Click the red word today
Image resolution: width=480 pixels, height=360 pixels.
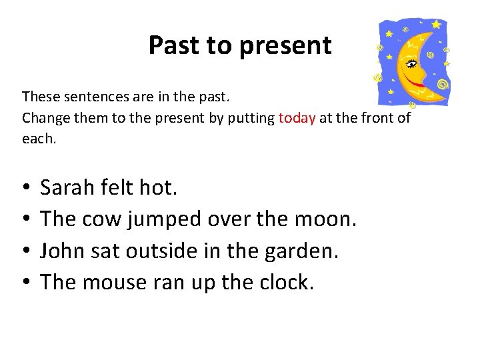click(297, 119)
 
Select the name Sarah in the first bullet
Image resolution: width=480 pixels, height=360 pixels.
click(67, 188)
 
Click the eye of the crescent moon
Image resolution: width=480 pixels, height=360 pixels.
click(411, 64)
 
